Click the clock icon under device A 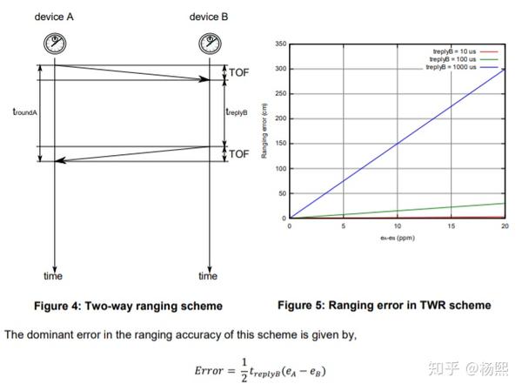54,43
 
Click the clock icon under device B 209,43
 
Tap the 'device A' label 54,17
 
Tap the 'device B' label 209,17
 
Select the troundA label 23,111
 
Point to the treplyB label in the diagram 237,111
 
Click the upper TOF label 238,73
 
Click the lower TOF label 238,154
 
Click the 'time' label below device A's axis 53,276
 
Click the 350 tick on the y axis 281,44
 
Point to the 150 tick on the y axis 281,144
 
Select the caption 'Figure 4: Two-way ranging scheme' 128,306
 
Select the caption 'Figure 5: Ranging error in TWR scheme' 384,305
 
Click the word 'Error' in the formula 211,369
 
